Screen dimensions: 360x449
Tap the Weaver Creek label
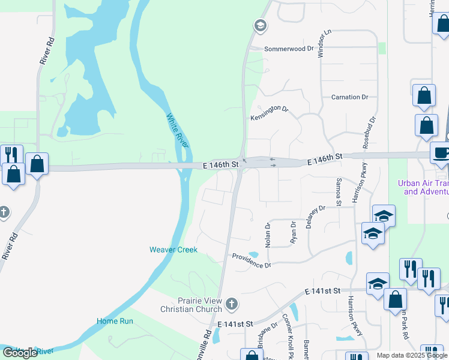click(173, 250)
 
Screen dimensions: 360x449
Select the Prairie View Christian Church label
click(191, 305)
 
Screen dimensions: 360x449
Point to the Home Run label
click(115, 322)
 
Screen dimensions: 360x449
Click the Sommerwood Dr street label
click(289, 48)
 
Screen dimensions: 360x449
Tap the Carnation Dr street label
click(349, 97)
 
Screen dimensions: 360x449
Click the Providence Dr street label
click(252, 260)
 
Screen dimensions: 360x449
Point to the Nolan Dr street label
click(268, 233)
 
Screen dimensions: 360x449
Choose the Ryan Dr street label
click(294, 232)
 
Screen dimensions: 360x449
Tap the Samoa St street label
click(339, 191)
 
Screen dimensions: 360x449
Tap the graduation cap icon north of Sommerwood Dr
click(261, 26)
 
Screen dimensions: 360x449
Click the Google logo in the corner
click(20, 353)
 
